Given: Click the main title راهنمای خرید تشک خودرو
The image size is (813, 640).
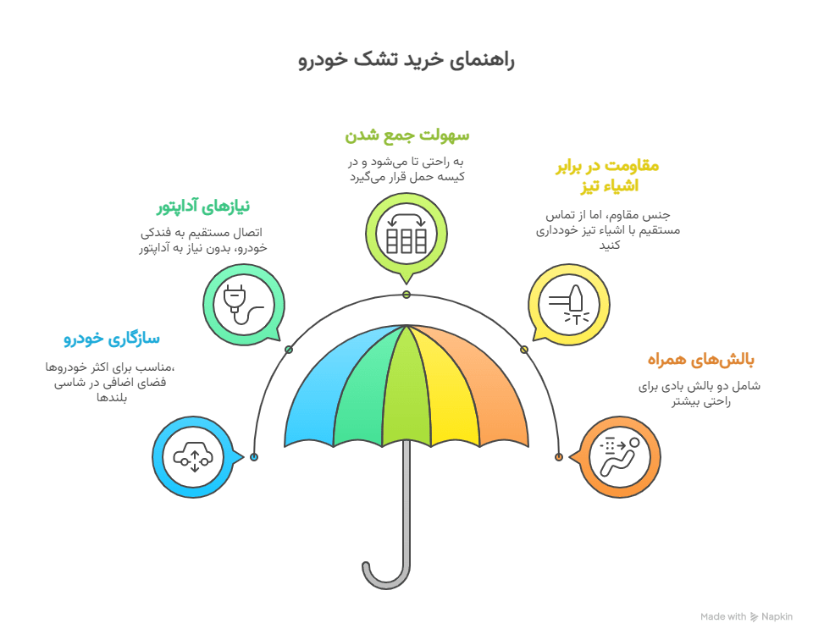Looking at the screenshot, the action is click(406, 59).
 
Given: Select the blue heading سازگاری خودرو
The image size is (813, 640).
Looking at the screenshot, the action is click(112, 339).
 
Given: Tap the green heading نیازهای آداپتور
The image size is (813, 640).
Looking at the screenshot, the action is click(203, 207).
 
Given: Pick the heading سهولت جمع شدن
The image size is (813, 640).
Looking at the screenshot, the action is click(407, 135).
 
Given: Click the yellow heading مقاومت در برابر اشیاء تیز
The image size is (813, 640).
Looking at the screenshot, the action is click(608, 176).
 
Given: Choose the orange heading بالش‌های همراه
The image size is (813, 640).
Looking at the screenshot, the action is click(700, 359).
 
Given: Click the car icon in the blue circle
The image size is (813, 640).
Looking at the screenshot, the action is click(193, 457).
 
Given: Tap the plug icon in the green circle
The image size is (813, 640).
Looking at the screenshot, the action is click(243, 305).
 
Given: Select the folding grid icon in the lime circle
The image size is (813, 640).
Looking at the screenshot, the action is click(406, 234).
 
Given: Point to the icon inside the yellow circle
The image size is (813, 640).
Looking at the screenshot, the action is click(569, 305).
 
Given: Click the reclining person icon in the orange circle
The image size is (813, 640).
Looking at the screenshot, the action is click(620, 457).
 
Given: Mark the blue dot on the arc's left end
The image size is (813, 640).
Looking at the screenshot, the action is click(254, 457).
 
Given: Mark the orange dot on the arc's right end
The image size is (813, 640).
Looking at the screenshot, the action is click(558, 457).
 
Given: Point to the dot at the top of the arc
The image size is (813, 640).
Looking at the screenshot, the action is click(406, 295).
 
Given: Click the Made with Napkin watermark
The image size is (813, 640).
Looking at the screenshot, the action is click(746, 616).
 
